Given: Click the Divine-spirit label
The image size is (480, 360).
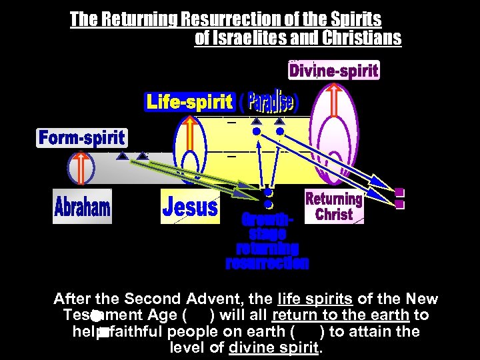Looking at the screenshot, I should [x=333, y=70].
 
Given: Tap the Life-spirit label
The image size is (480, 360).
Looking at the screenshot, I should [x=189, y=102].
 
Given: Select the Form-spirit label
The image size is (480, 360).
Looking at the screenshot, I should [x=81, y=138].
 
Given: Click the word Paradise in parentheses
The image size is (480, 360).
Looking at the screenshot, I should [x=270, y=102].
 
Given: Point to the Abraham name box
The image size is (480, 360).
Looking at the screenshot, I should [x=82, y=206].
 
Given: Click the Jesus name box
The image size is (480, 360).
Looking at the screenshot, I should [x=190, y=207].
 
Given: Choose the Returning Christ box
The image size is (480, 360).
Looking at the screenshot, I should [x=333, y=207].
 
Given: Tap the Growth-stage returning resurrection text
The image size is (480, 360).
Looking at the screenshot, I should [x=267, y=241].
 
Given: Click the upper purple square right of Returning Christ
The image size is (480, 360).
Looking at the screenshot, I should [x=399, y=192].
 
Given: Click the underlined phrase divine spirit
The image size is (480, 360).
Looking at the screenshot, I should [x=274, y=347].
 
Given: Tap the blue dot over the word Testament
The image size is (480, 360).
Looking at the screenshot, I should [x=97, y=315].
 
